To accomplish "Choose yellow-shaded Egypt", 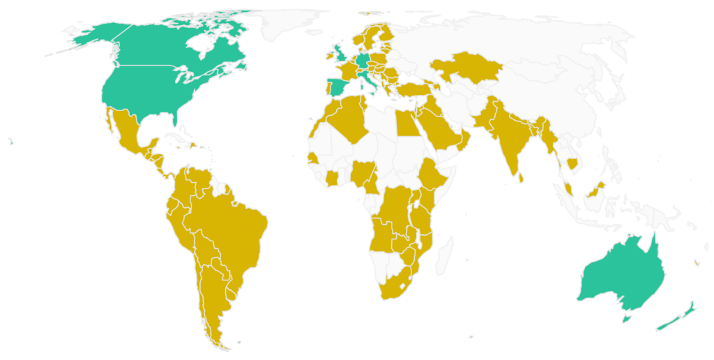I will click(407, 124).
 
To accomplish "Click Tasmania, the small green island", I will click(626, 318).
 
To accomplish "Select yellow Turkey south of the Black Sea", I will click(411, 90).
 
